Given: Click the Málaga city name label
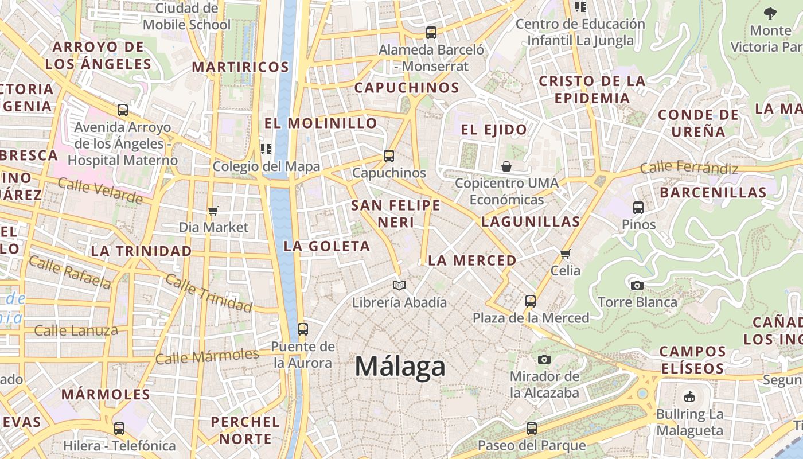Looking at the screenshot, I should click(400, 366).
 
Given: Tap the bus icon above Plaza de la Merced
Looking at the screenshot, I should click(531, 301).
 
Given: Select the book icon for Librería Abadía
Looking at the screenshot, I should click(399, 285).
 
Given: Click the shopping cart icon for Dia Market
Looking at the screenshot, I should click(213, 211).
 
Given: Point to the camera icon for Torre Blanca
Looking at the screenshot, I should click(637, 285).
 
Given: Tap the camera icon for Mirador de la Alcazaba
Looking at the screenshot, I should click(544, 360).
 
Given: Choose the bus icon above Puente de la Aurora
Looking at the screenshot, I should click(303, 329).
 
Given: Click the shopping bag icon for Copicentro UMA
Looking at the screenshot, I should click(506, 166).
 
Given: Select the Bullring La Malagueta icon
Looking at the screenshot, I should click(689, 396).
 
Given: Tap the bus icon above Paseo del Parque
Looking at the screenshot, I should click(532, 428).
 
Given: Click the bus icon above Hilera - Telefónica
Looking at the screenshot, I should click(119, 428).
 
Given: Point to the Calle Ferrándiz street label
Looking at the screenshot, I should click(688, 168).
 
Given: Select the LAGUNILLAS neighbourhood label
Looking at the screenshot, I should click(531, 221).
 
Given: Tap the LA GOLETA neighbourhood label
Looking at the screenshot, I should click(327, 246).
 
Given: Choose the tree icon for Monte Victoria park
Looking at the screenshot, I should click(770, 13).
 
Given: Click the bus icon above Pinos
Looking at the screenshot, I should click(638, 208).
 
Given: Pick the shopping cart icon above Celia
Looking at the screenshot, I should click(566, 254).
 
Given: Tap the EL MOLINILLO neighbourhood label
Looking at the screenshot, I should click(321, 123).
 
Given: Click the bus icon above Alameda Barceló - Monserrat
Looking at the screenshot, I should click(431, 33).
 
